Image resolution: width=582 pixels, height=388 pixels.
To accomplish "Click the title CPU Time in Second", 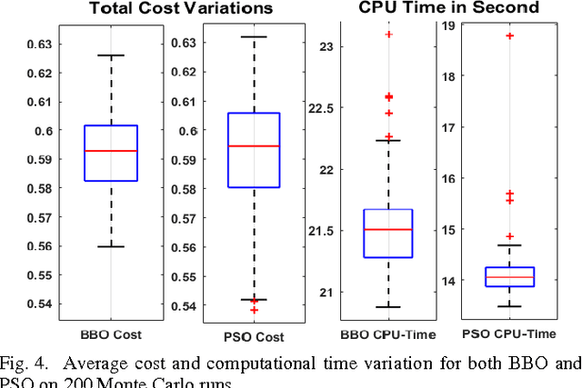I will click(436, 9).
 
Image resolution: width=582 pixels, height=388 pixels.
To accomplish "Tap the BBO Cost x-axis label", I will click(110, 333).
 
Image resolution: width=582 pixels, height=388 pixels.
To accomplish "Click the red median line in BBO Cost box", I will click(110, 151).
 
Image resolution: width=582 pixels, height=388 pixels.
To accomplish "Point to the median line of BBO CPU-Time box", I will click(387, 230).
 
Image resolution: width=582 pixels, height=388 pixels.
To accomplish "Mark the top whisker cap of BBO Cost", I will click(110, 55).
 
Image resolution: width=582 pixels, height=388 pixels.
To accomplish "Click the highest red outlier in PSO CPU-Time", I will click(509, 35).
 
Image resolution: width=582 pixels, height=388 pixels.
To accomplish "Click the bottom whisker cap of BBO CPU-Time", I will click(387, 307).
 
